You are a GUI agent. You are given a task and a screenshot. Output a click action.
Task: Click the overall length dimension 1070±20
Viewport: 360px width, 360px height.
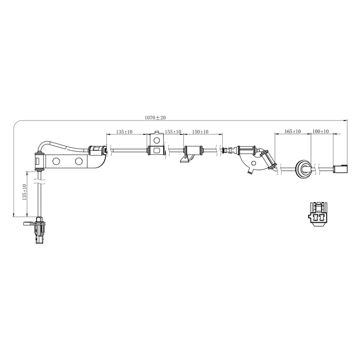coord(155,118)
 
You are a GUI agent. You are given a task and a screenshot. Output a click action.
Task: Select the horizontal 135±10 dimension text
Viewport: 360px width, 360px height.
coord(124,132)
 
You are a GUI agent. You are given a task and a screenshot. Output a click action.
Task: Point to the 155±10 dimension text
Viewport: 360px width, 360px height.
coord(173,132)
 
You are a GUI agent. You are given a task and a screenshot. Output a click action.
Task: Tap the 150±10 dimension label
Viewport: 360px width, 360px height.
coord(200,132)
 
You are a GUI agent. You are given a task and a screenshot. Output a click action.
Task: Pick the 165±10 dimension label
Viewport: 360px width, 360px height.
coord(292,131)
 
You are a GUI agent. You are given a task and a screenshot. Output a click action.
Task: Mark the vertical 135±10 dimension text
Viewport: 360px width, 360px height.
coord(24,193)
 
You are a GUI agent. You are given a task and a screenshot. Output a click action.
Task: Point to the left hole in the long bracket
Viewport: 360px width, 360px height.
coord(56,162)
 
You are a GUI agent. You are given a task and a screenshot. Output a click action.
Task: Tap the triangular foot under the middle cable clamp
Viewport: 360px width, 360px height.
coord(186,160)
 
